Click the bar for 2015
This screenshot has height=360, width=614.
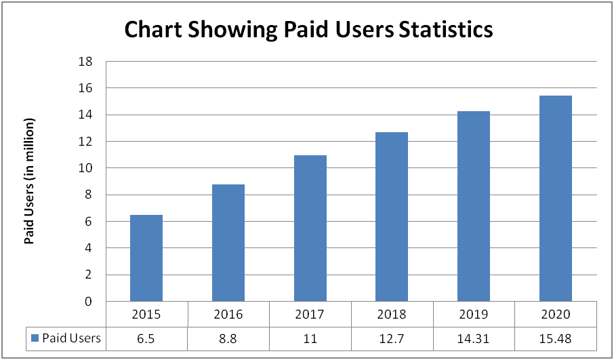coord(146,258)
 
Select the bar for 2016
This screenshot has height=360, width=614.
coord(228,243)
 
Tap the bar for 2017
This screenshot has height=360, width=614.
coord(310,228)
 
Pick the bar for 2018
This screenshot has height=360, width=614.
coord(392,217)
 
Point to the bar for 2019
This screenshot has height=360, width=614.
coord(474,206)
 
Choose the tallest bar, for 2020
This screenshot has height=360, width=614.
coord(556,199)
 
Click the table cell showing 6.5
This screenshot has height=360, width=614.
coord(146,338)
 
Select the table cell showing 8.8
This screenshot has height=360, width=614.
coord(228,338)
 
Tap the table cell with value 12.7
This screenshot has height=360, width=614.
coord(392,338)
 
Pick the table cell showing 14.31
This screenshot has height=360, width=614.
coord(474,338)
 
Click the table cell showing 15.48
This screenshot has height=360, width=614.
coord(556,338)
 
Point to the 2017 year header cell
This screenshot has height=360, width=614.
coord(310,315)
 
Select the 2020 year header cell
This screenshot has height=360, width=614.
coord(556,315)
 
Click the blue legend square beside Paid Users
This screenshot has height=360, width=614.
coord(34,338)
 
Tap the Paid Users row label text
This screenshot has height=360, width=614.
coord(71,338)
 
